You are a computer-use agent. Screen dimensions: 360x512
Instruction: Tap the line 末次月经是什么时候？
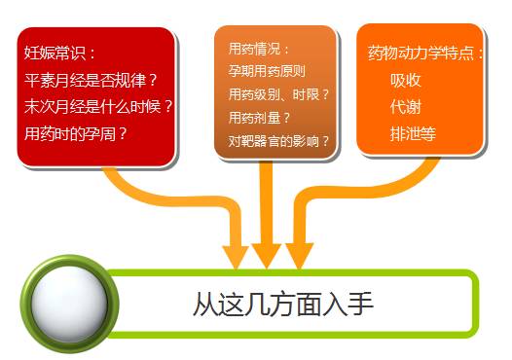tap(96, 105)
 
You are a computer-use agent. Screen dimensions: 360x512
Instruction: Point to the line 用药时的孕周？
tap(76, 130)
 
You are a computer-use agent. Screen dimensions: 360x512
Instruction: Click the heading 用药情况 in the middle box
tap(259, 50)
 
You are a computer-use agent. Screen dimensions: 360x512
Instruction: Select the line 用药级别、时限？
tap(277, 94)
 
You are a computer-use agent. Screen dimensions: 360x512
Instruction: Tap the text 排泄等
tap(413, 130)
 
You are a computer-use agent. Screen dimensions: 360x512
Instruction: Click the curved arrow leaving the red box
tap(165, 190)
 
